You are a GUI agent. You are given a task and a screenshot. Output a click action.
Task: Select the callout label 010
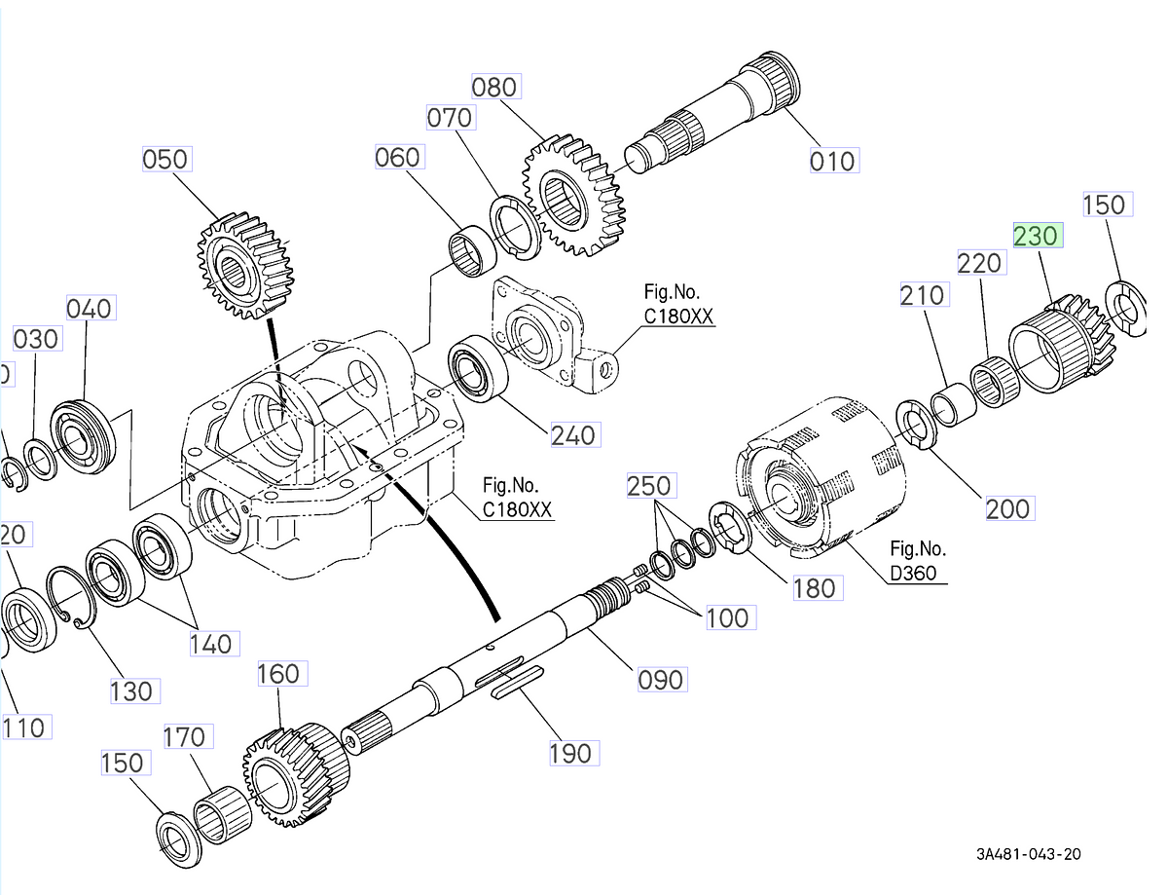(832, 161)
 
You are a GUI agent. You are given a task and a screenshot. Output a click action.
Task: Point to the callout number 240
(573, 435)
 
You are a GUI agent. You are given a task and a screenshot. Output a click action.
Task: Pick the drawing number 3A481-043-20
(1029, 854)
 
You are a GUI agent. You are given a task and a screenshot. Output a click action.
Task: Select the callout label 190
(569, 753)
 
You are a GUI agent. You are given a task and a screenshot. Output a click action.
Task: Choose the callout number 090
(661, 679)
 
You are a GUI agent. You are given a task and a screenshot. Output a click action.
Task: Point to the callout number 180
(814, 588)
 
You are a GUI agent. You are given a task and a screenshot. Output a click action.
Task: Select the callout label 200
(1007, 507)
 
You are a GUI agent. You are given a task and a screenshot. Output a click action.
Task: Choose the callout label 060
(398, 157)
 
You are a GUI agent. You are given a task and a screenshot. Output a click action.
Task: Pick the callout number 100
(726, 617)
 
